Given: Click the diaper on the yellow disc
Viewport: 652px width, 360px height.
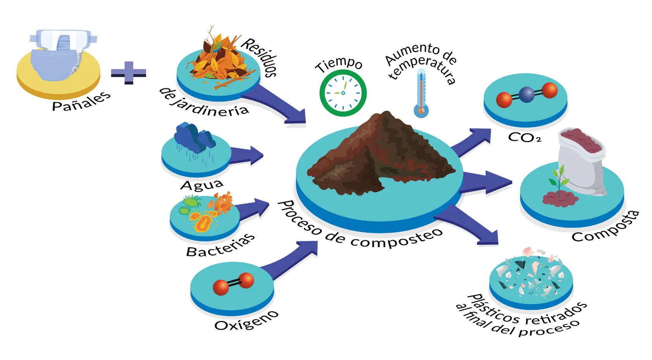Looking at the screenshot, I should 60,56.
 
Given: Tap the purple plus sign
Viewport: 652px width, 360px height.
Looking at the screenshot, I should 128,72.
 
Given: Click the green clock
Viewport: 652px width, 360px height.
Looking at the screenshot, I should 343,93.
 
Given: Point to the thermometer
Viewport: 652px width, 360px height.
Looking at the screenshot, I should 421,93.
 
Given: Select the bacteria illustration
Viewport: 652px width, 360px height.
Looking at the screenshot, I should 205,213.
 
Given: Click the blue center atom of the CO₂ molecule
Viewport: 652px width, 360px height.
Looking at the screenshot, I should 526,95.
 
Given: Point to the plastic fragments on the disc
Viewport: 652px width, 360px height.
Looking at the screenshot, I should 531,275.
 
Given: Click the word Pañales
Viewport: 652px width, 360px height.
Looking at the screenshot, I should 81,102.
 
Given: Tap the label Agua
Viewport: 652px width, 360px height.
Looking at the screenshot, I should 202,185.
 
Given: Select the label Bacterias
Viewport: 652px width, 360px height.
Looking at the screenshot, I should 220,246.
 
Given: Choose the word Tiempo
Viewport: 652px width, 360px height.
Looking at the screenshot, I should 339,64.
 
